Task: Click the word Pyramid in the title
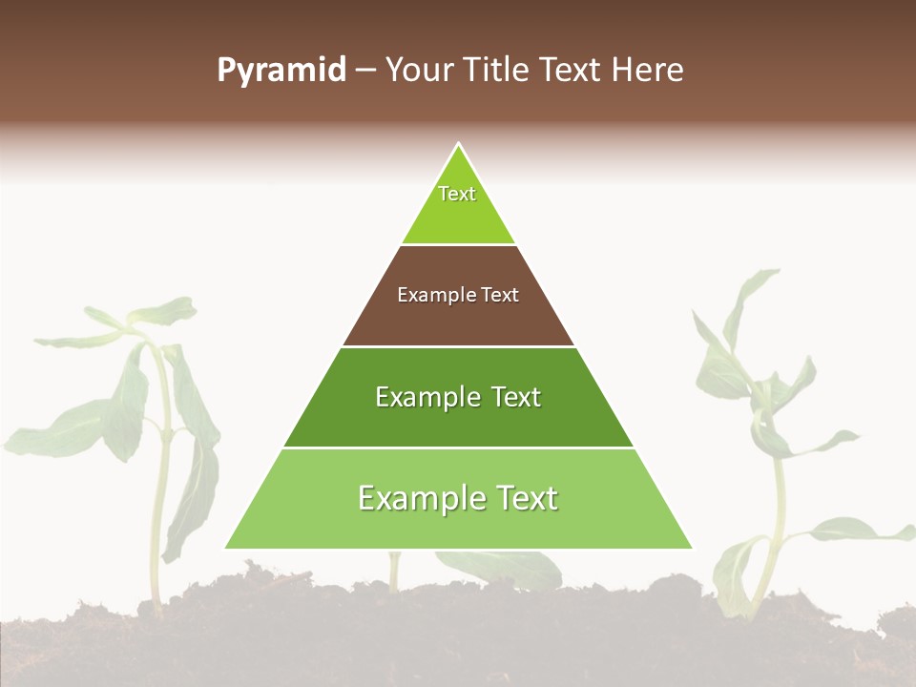point(281,71)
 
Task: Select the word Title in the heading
point(502,71)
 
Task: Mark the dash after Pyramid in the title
point(364,71)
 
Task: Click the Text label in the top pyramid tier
point(457,194)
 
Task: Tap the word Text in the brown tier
point(500,296)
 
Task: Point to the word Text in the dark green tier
point(516,397)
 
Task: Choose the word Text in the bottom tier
point(528,498)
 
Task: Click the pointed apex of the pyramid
point(458,145)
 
